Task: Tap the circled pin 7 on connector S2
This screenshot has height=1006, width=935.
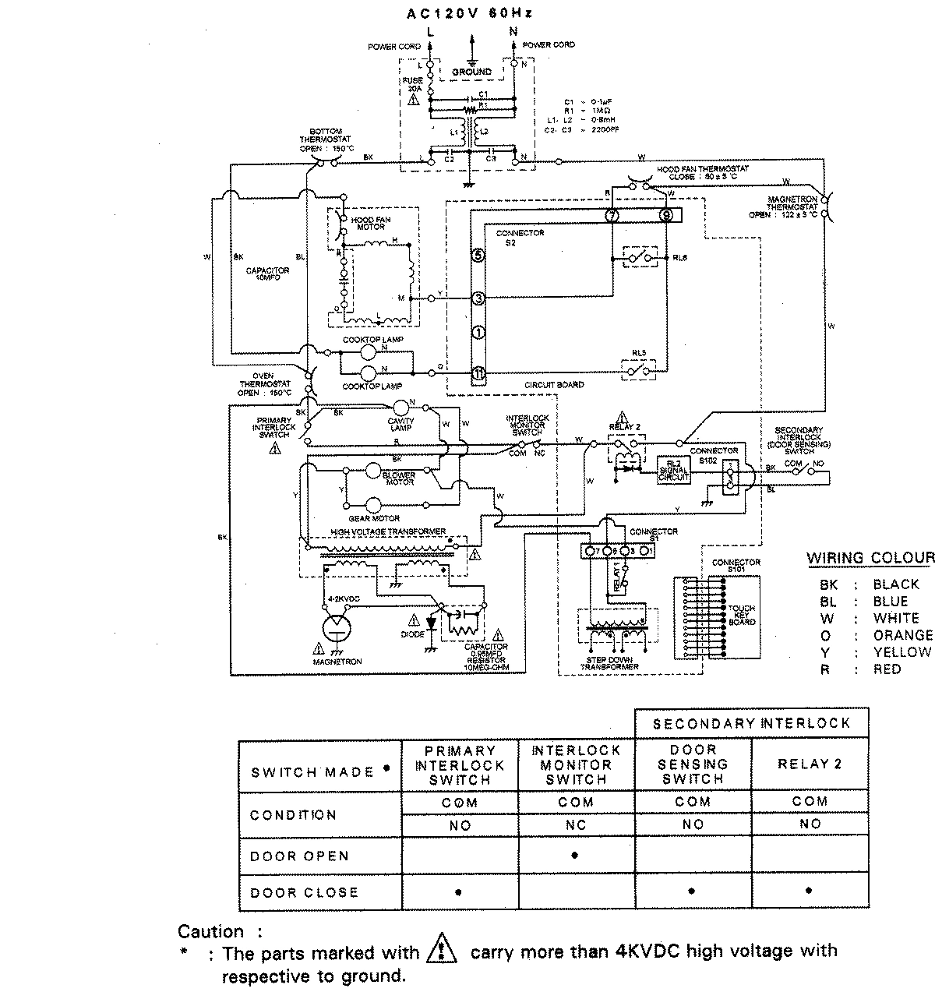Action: click(612, 216)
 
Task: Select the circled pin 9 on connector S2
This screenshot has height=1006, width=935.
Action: click(665, 216)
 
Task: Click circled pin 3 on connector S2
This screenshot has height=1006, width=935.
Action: click(478, 298)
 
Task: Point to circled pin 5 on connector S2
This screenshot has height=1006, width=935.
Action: click(478, 255)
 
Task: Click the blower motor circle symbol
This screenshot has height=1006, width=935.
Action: click(376, 471)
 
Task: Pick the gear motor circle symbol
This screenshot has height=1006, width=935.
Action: click(376, 504)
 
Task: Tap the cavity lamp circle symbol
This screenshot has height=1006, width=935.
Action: click(401, 407)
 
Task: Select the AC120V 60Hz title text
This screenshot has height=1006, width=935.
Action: click(471, 13)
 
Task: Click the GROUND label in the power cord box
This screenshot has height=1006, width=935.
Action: click(472, 72)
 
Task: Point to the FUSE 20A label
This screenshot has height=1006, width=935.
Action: click(413, 85)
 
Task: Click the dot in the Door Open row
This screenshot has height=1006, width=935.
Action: click(575, 856)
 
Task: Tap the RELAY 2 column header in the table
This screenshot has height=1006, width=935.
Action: click(810, 764)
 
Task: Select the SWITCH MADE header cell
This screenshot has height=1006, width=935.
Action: click(319, 771)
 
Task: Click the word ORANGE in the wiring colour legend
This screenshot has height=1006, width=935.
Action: click(902, 635)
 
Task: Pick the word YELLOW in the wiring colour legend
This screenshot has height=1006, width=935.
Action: click(901, 652)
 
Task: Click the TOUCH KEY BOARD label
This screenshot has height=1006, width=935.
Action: click(742, 616)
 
